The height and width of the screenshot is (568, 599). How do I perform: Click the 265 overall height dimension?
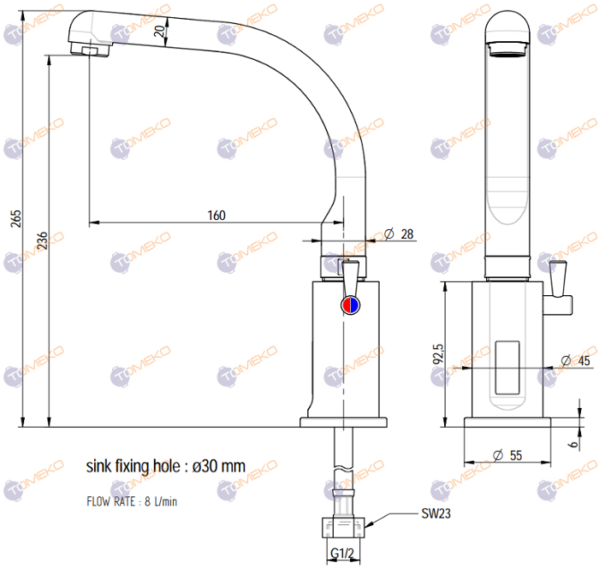click(16, 219)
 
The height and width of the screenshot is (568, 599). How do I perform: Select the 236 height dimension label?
click(43, 240)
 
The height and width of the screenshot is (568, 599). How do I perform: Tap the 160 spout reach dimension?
click(216, 216)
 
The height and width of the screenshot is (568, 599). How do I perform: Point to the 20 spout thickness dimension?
click(160, 31)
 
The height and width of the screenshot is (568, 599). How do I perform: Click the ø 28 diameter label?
click(399, 234)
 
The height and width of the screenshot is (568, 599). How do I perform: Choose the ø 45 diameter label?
click(575, 360)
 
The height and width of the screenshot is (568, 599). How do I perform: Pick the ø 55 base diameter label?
click(507, 455)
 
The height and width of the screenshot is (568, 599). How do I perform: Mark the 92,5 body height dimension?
click(438, 353)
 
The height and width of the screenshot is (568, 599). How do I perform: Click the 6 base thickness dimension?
click(573, 444)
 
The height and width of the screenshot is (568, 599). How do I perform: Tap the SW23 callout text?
click(436, 513)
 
